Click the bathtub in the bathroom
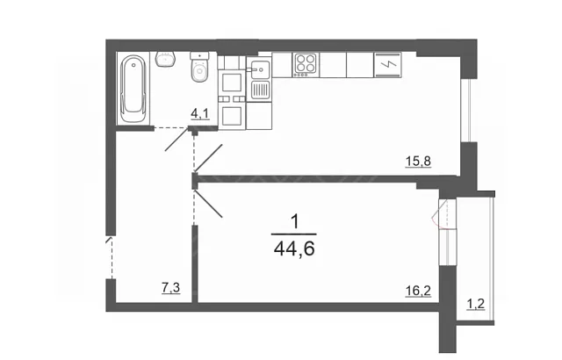pyautogui.click(x=133, y=89)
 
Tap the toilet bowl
pyautogui.click(x=199, y=68)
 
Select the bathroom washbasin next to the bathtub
pyautogui.click(x=165, y=59)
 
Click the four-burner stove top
pyautogui.click(x=306, y=65)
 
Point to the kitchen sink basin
pyautogui.click(x=260, y=68)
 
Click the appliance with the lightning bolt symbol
pyautogui.click(x=387, y=65)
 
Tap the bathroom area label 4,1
pyautogui.click(x=199, y=114)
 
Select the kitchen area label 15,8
pyautogui.click(x=418, y=162)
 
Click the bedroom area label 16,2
pyautogui.click(x=418, y=291)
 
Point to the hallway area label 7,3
pyautogui.click(x=170, y=288)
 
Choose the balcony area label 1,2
pyautogui.click(x=475, y=305)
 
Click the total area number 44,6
pyautogui.click(x=294, y=248)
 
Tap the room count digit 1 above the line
pyautogui.click(x=295, y=222)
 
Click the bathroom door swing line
pyautogui.click(x=177, y=139)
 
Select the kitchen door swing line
pyautogui.click(x=209, y=158)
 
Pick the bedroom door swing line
pyautogui.click(x=209, y=204)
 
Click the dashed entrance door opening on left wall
pyautogui.click(x=112, y=257)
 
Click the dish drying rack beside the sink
pyautogui.click(x=260, y=90)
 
